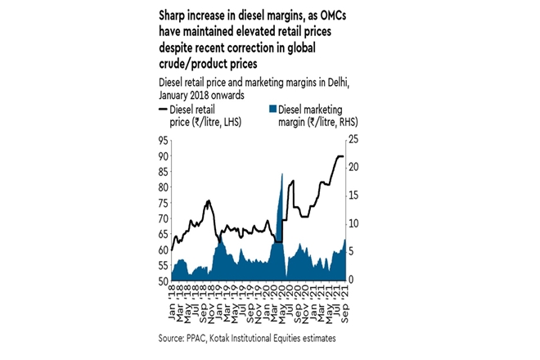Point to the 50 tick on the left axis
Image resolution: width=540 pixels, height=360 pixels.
click(x=164, y=281)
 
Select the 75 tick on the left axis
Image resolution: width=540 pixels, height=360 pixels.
click(x=164, y=203)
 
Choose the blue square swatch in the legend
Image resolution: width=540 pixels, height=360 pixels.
click(x=273, y=109)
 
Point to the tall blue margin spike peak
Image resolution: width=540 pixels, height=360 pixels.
click(x=282, y=174)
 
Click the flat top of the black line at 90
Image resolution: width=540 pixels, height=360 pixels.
click(x=340, y=156)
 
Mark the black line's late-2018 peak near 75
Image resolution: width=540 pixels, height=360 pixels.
click(x=209, y=200)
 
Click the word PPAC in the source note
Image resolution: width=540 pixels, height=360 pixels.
click(x=200, y=338)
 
